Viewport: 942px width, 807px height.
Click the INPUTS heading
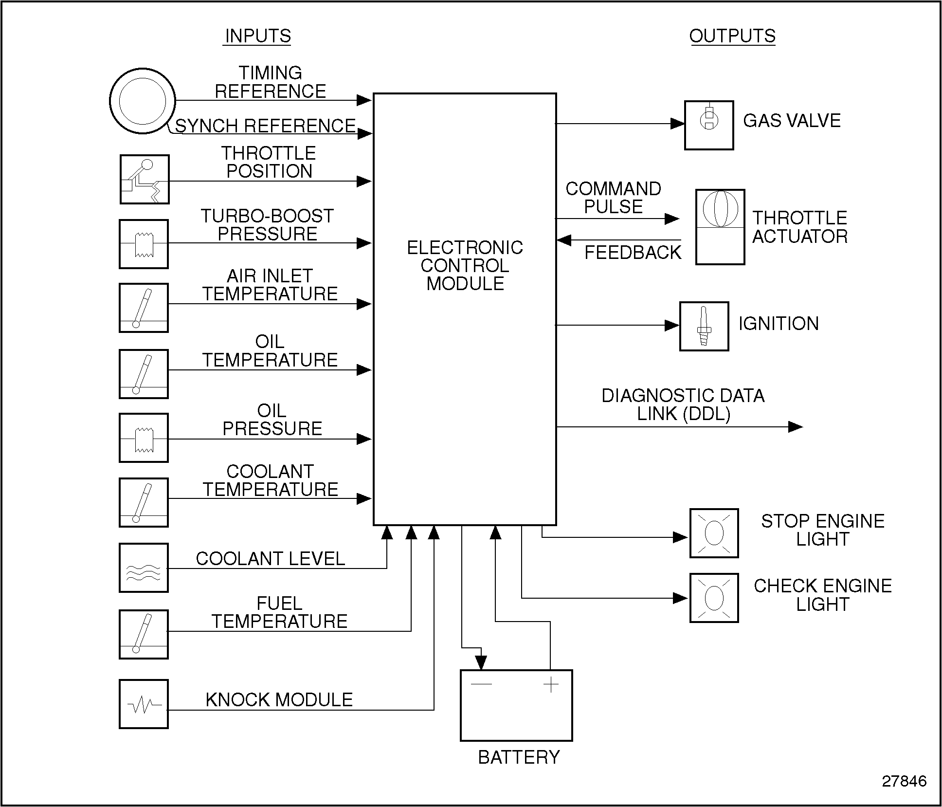pyautogui.click(x=257, y=36)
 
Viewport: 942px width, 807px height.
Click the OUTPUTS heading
pyautogui.click(x=732, y=36)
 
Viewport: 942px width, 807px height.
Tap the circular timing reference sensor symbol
pyautogui.click(x=142, y=101)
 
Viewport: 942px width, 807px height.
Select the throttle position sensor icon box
pyautogui.click(x=145, y=179)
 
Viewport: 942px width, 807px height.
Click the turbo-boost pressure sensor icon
pyautogui.click(x=144, y=244)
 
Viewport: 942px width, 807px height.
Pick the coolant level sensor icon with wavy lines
pyautogui.click(x=144, y=568)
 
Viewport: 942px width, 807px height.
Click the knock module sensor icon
pyautogui.click(x=144, y=704)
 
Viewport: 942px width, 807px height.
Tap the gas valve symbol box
pyautogui.click(x=709, y=125)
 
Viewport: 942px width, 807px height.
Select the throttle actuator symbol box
pyautogui.click(x=720, y=227)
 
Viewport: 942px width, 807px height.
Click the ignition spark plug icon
pyautogui.click(x=704, y=326)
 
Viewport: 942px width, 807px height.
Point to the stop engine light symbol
pyautogui.click(x=714, y=533)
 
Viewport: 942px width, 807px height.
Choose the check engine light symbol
pyautogui.click(x=714, y=598)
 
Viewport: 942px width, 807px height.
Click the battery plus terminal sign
pyautogui.click(x=551, y=685)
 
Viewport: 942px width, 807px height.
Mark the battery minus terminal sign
pyautogui.click(x=481, y=684)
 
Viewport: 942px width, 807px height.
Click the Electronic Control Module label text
pyautogui.click(x=465, y=266)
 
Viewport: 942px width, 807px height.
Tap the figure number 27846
pyautogui.click(x=904, y=781)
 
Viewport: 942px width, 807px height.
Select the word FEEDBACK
pyautogui.click(x=633, y=253)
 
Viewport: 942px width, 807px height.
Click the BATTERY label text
pyautogui.click(x=519, y=757)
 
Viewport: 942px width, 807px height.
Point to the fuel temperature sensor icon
pyautogui.click(x=144, y=634)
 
